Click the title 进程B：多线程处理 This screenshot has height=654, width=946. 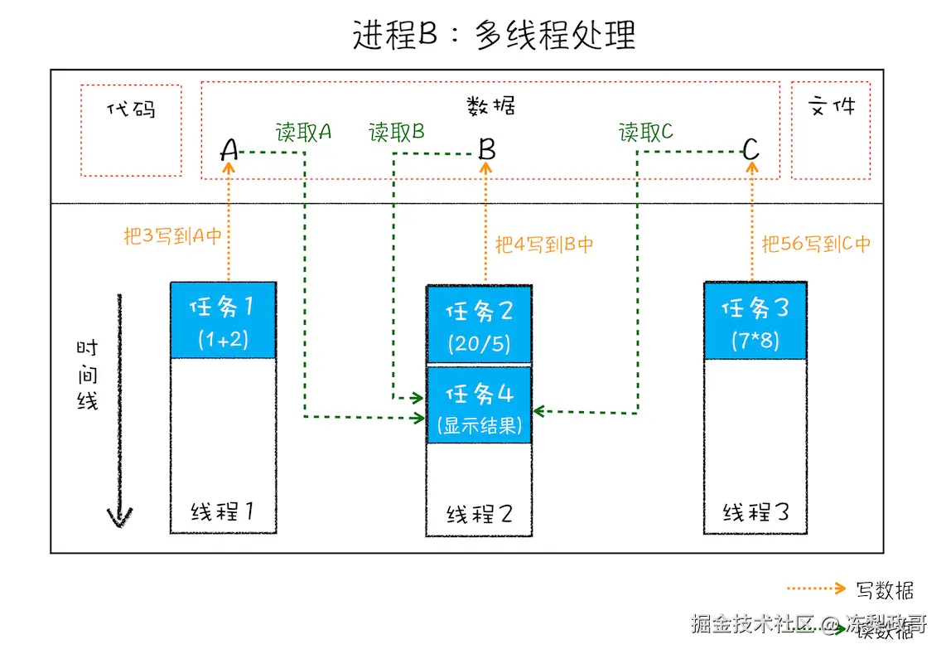(494, 36)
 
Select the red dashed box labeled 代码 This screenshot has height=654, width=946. (132, 130)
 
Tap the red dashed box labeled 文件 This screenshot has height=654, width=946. (830, 130)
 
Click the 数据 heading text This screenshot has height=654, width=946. (490, 105)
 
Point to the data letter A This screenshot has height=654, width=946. (229, 150)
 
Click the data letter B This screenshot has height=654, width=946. (487, 150)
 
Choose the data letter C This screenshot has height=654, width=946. (751, 150)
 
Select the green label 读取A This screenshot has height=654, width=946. (303, 132)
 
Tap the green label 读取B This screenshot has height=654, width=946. (397, 132)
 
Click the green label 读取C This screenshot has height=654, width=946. (646, 132)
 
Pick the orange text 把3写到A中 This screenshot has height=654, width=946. (173, 236)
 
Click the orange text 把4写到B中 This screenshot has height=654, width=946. (544, 245)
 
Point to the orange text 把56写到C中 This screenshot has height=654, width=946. (816, 245)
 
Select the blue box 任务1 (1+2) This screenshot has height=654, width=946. (223, 320)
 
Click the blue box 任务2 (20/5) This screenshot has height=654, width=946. (479, 324)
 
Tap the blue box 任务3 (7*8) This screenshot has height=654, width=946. (755, 321)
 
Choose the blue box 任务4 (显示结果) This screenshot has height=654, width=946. (479, 405)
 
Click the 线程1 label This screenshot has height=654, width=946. (222, 511)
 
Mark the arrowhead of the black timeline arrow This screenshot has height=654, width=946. (120, 518)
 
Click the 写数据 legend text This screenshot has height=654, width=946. (885, 589)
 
